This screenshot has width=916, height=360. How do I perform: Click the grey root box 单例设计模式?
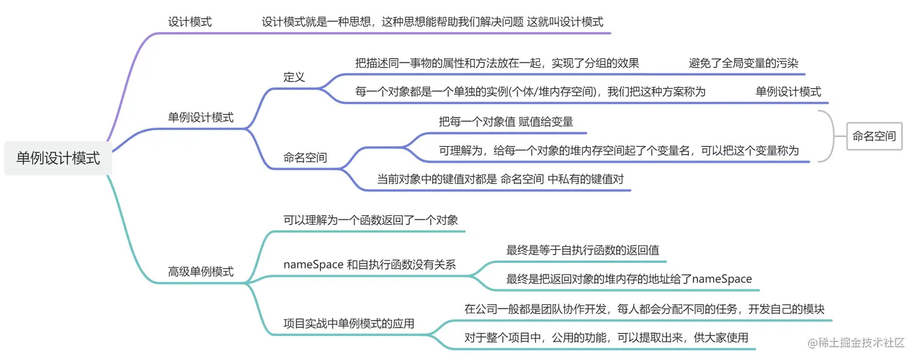pyautogui.click(x=58, y=159)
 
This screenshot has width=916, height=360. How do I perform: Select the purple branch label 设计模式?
pyautogui.click(x=190, y=22)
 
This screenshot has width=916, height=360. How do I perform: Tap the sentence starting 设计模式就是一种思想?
pyautogui.click(x=432, y=22)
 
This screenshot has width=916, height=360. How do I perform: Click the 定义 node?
pyautogui.click(x=294, y=77)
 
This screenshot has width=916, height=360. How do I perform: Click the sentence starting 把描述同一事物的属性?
pyautogui.click(x=497, y=63)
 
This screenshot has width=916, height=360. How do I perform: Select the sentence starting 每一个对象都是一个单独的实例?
pyautogui.click(x=530, y=92)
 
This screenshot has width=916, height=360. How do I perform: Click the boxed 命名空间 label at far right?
pyautogui.click(x=874, y=136)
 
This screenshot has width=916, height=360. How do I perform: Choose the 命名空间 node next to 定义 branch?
pyautogui.click(x=305, y=158)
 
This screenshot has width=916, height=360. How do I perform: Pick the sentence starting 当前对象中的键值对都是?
pyautogui.click(x=500, y=179)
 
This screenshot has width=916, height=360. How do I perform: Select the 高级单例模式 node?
pyautogui.click(x=201, y=272)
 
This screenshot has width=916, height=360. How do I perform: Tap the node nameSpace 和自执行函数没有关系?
pyautogui.click(x=370, y=264)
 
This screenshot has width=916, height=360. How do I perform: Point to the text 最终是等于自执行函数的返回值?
pyautogui.click(x=583, y=250)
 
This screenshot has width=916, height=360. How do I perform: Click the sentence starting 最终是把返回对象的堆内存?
pyautogui.click(x=629, y=279)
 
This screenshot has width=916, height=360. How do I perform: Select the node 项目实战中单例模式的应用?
pyautogui.click(x=349, y=324)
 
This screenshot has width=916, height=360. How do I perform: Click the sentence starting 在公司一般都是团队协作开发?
pyautogui.click(x=644, y=309)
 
